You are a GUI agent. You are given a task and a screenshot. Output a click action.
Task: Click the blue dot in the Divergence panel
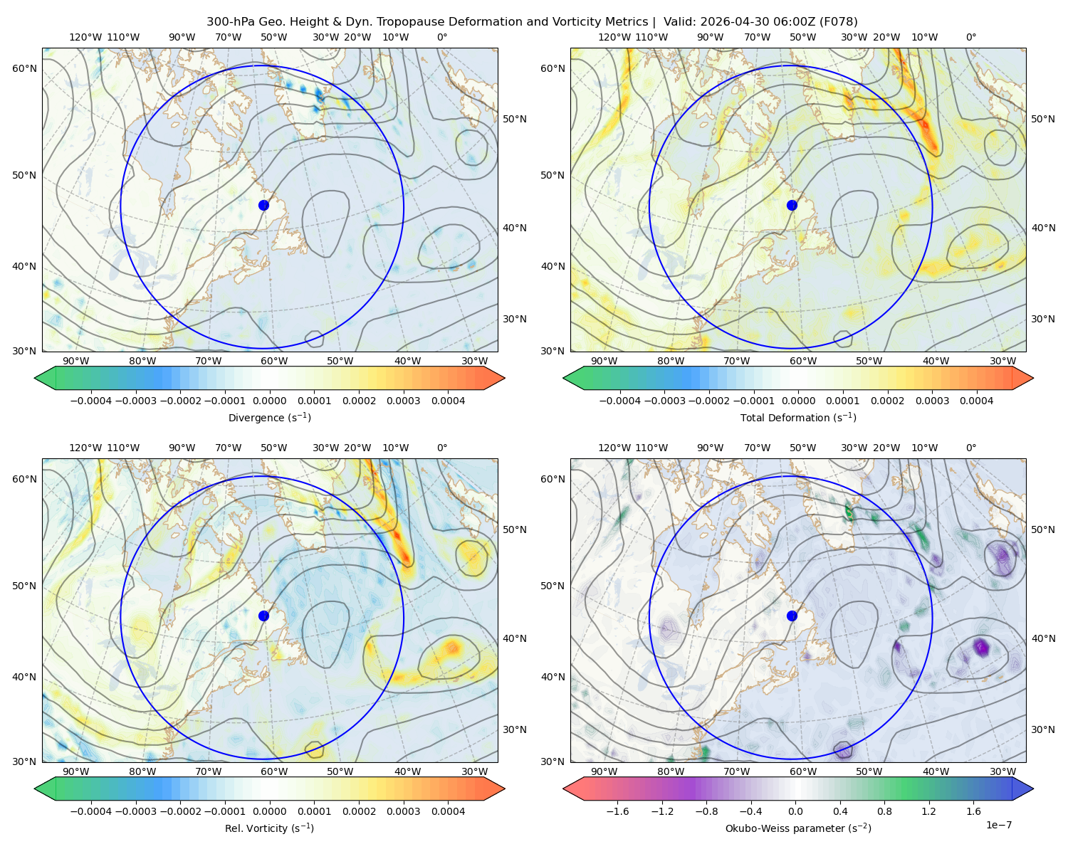pyautogui.click(x=263, y=206)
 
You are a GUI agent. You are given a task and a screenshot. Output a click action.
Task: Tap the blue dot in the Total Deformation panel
pyautogui.click(x=792, y=206)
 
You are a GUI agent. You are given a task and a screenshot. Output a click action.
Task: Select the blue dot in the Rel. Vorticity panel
pyautogui.click(x=263, y=616)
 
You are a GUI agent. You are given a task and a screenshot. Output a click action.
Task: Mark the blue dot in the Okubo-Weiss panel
pyautogui.click(x=792, y=616)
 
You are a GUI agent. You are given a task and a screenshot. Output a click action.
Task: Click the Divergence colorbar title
pyautogui.click(x=269, y=418)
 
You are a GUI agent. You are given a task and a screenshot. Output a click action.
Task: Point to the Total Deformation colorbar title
pyautogui.click(x=798, y=418)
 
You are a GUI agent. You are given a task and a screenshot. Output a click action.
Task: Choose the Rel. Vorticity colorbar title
pyautogui.click(x=269, y=828)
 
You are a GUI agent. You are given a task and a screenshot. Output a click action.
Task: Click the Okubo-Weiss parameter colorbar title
pyautogui.click(x=798, y=828)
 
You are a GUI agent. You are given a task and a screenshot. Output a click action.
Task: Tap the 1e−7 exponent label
pyautogui.click(x=998, y=825)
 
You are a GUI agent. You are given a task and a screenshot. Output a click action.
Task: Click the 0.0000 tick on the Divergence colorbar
pyautogui.click(x=269, y=401)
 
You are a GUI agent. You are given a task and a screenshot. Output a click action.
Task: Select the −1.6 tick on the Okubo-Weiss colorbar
pyautogui.click(x=617, y=811)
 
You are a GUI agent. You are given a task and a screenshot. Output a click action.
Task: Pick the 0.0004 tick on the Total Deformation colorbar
pyautogui.click(x=976, y=401)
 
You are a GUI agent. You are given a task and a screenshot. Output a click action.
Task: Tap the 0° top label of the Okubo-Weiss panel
pyautogui.click(x=970, y=448)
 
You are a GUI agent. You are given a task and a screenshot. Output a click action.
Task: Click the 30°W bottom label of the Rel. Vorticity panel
pyautogui.click(x=474, y=771)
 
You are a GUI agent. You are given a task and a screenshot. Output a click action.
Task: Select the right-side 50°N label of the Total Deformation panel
pyautogui.click(x=1042, y=119)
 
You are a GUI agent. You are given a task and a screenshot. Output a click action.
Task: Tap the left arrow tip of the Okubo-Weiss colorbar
pyautogui.click(x=563, y=789)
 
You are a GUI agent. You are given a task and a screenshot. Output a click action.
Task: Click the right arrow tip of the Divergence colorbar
pyautogui.click(x=505, y=378)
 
